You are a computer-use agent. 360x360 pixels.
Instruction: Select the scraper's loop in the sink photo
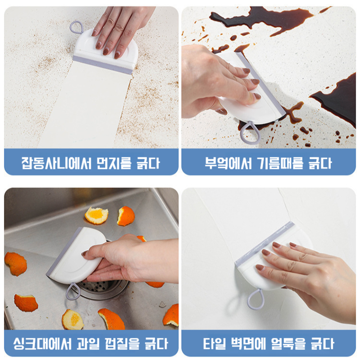(72, 291)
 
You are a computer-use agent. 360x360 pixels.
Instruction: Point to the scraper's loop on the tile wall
(256, 299)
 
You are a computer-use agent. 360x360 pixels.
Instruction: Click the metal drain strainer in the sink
(103, 287)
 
